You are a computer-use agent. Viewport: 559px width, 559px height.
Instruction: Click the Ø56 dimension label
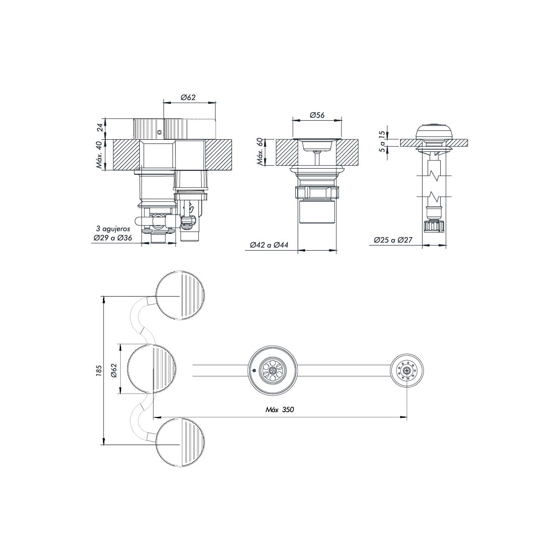click(x=317, y=115)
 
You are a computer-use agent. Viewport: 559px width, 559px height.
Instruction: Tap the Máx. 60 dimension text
click(x=261, y=151)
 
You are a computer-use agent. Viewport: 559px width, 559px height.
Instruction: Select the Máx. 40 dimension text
click(x=100, y=155)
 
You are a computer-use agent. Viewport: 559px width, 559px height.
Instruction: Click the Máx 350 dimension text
click(x=279, y=409)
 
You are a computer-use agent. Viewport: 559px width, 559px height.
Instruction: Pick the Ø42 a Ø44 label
click(x=269, y=245)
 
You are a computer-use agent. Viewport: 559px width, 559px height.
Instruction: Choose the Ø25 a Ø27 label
click(x=393, y=240)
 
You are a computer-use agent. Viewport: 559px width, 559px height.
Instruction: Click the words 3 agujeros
click(x=113, y=229)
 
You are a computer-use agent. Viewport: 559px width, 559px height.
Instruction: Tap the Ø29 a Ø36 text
click(x=113, y=238)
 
